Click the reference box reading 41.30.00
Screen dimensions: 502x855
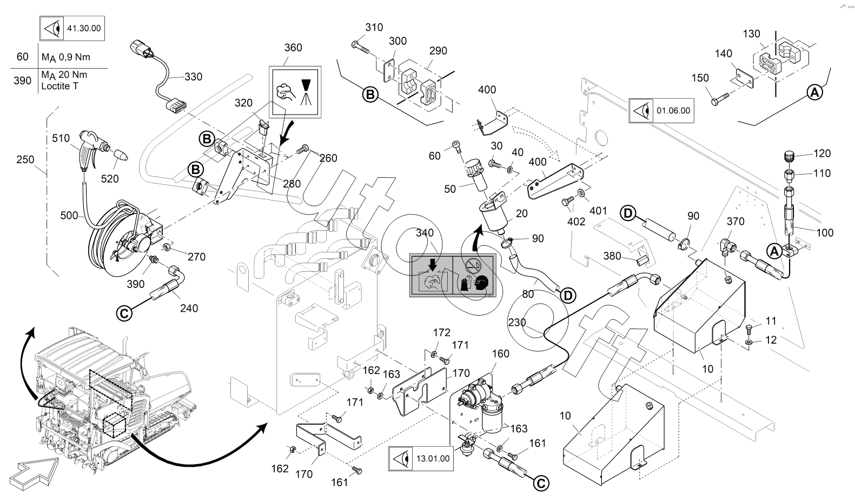[x=72, y=29]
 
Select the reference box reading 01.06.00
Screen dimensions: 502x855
[x=661, y=110]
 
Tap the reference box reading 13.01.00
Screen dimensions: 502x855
[x=420, y=459]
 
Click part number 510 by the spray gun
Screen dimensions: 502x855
[x=61, y=138]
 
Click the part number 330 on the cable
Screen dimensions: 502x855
[x=193, y=77]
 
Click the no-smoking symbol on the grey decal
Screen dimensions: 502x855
[x=473, y=265]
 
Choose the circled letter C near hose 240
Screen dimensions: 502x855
[x=124, y=313]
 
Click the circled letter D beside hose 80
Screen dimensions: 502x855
[x=568, y=295]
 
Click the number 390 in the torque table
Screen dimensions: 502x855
[x=22, y=81]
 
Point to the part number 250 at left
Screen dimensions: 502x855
[x=25, y=159]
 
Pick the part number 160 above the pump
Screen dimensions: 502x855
[x=500, y=354]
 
